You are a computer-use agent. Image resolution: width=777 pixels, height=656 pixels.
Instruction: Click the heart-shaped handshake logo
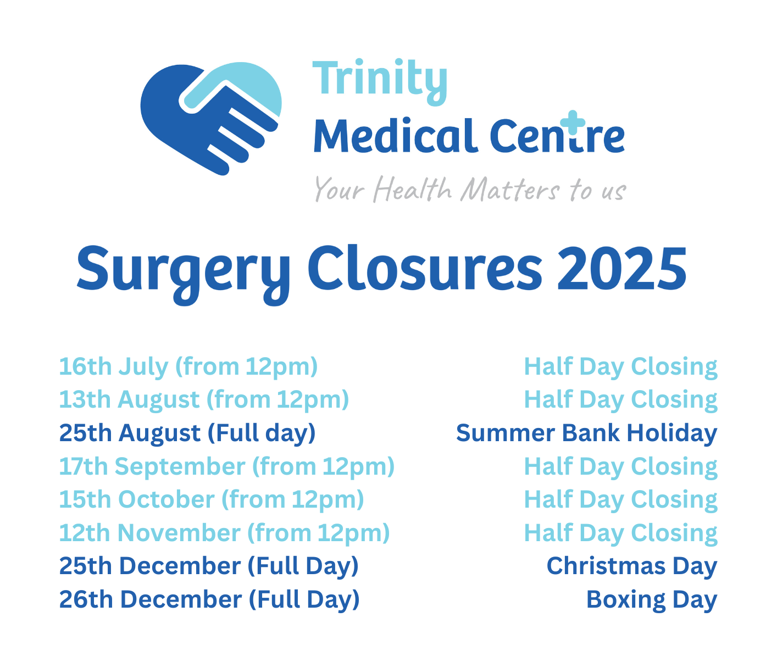coord(210,118)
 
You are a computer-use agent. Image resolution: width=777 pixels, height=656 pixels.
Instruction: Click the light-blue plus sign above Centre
coord(573,122)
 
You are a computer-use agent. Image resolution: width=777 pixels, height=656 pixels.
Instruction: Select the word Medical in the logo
coord(396,136)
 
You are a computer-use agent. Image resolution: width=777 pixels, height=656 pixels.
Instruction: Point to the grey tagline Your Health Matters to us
coord(470,190)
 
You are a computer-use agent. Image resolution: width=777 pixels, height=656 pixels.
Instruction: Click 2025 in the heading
coord(621,269)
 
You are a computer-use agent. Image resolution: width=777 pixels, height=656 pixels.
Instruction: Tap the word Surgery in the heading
coord(183,274)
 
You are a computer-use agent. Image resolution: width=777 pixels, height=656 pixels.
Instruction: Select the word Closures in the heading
coord(425,268)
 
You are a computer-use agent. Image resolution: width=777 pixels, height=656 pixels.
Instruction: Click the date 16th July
coord(114,366)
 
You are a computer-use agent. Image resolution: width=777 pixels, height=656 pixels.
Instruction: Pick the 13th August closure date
coord(130,399)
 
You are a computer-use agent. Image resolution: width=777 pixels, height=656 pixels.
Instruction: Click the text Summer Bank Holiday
coord(586,433)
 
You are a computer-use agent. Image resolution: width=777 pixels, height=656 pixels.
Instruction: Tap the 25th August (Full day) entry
coord(187,433)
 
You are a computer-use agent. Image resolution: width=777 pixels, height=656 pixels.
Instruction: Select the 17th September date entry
coord(226,466)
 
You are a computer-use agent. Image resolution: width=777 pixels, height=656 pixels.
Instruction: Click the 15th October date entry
coord(212,499)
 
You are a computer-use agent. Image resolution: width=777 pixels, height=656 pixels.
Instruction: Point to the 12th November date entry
coord(224,533)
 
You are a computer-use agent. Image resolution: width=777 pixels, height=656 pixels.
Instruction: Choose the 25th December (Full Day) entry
coord(209,566)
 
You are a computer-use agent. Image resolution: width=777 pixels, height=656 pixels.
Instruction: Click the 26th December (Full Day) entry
coord(209,599)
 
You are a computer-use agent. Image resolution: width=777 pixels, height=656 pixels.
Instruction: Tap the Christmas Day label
coord(631,566)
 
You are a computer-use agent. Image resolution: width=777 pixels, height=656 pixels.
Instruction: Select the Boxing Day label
coord(652,599)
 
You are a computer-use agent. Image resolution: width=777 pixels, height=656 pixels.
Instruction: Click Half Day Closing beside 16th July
coord(620,367)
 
